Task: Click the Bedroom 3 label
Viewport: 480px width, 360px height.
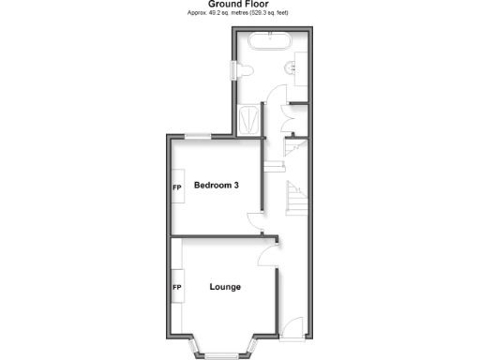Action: [x=216, y=186]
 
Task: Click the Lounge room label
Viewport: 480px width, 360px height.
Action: [x=225, y=286]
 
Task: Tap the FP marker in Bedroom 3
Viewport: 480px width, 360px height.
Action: [x=176, y=187]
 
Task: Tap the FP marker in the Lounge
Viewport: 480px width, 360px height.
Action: [x=176, y=286]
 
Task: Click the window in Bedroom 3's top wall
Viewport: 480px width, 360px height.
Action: [x=197, y=137]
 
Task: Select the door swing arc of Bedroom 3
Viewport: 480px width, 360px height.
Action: [x=255, y=221]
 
